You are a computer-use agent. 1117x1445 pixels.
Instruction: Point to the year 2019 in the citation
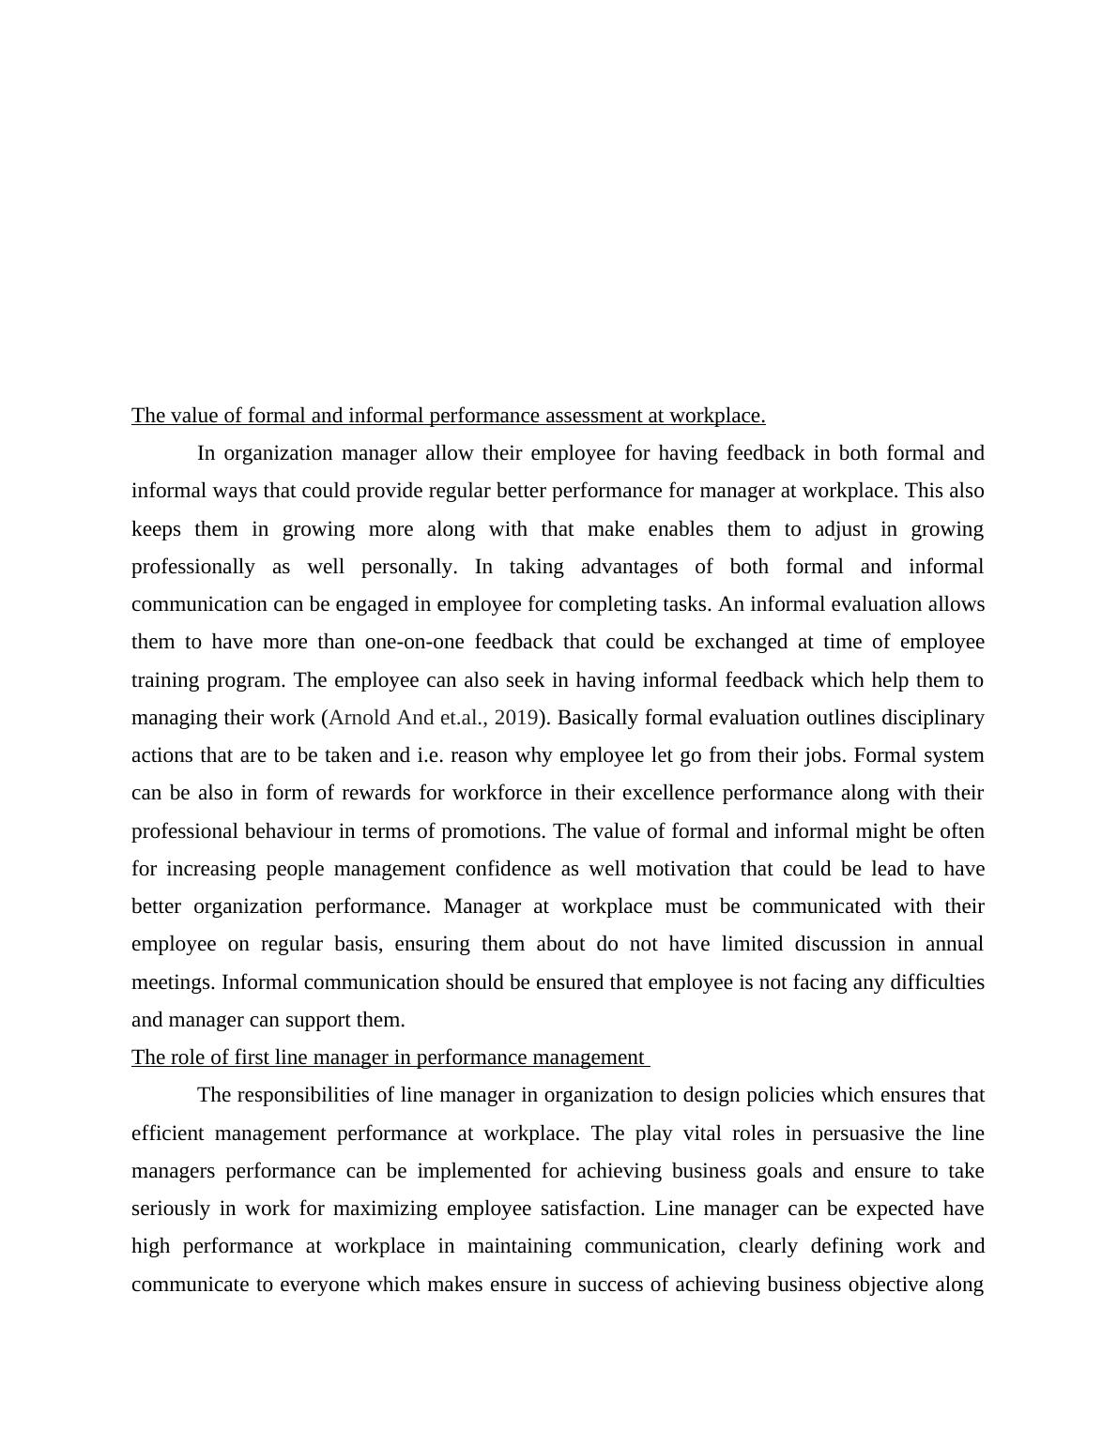515,718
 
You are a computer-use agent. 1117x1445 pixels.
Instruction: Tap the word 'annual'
955,944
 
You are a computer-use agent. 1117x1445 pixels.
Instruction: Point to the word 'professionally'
193,567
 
